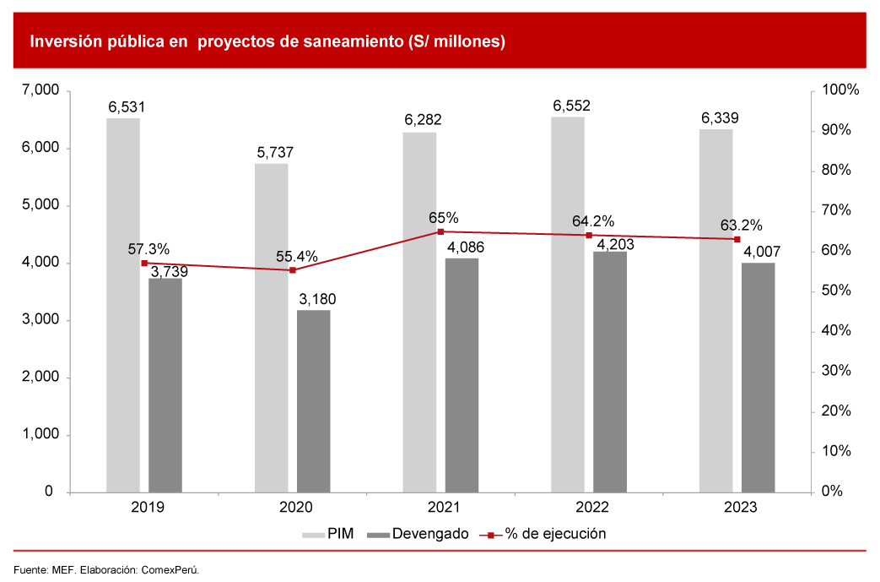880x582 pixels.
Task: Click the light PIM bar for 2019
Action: tap(123, 304)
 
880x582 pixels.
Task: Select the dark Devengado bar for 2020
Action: tap(314, 400)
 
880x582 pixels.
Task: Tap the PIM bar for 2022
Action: tap(568, 304)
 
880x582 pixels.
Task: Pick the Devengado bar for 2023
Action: tap(759, 377)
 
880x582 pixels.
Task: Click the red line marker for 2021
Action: tap(440, 231)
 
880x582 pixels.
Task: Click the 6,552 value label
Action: tap(571, 106)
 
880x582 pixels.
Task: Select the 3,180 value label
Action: tap(318, 300)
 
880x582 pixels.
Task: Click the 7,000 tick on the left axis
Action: tap(36, 90)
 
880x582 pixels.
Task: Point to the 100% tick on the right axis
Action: tap(840, 90)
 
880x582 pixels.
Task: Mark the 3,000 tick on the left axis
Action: tap(36, 320)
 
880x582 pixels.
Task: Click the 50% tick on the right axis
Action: tap(837, 291)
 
